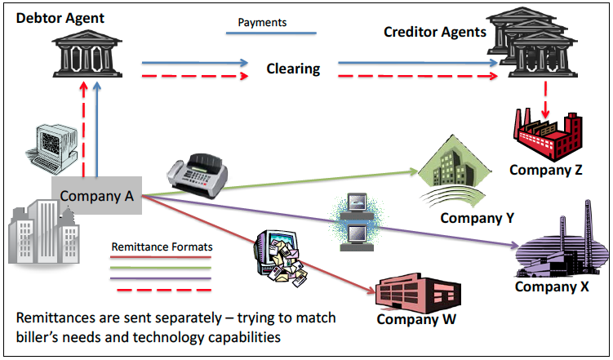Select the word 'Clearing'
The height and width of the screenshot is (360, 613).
point(293,69)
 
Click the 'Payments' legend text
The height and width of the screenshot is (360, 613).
point(262,22)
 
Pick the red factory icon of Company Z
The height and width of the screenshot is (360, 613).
point(546,136)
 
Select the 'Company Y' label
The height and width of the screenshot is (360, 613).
point(478,218)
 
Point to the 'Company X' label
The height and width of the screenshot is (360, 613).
point(552,287)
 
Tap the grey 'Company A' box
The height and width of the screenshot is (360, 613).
point(97,197)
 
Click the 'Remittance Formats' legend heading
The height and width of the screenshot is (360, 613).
point(161,247)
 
